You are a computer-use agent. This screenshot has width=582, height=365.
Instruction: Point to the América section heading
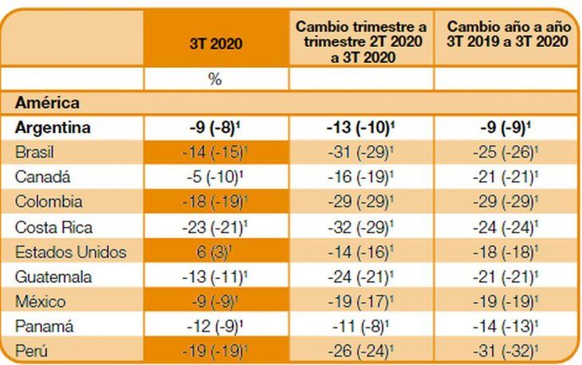point(46,103)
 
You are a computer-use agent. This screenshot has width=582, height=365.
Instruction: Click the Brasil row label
point(37,152)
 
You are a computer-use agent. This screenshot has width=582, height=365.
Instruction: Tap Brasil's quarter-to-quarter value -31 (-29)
point(360,152)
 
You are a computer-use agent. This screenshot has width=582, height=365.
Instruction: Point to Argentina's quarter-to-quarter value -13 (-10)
point(360,128)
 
